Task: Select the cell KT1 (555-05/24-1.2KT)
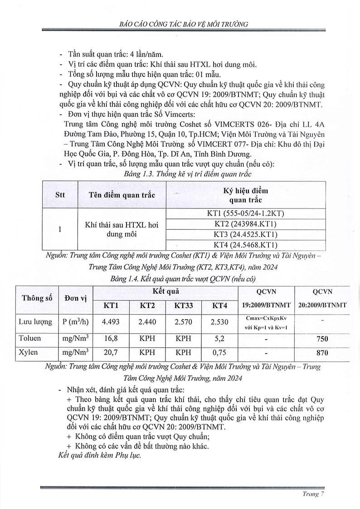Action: [245, 214]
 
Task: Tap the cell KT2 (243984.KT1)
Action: [245, 224]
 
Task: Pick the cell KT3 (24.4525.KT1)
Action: [245, 235]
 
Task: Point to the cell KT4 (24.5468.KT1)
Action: [245, 245]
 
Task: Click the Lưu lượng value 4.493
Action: [111, 322]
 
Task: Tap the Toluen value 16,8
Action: [111, 338]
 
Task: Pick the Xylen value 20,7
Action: [111, 352]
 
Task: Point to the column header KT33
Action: [184, 305]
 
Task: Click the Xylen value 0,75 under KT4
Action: [219, 352]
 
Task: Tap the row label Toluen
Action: [29, 338]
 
